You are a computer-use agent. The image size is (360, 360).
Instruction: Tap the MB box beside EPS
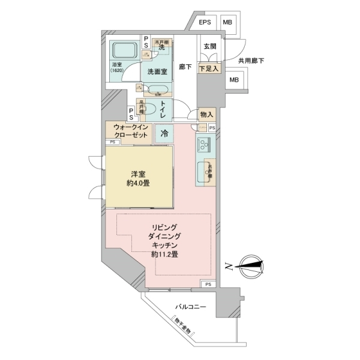tap(227, 23)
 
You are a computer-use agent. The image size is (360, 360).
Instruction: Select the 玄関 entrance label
tap(209, 47)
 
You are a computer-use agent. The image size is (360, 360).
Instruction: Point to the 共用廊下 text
tap(251, 61)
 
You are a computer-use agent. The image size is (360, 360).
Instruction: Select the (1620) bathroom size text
tap(117, 71)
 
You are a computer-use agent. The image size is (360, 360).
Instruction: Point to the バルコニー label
tap(191, 307)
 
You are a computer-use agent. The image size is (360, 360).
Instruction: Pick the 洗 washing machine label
tap(161, 49)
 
